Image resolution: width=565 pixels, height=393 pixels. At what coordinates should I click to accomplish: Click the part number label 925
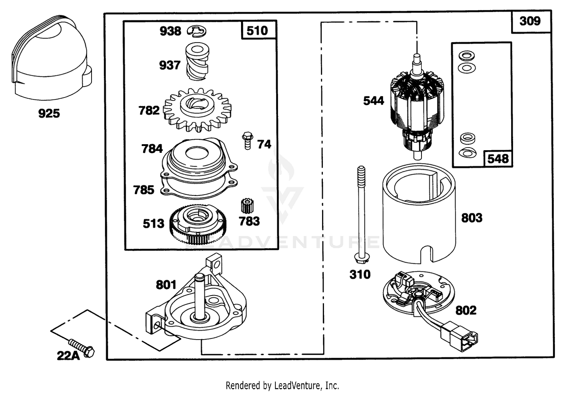[x=49, y=113]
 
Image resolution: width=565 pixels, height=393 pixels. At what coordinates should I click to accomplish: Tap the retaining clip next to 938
[x=197, y=32]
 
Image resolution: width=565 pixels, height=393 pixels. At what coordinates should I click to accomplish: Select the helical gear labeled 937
[x=197, y=62]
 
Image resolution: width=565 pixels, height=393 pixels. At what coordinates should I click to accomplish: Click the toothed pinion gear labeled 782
[x=197, y=110]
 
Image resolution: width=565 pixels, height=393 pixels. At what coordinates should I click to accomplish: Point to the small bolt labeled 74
[x=247, y=140]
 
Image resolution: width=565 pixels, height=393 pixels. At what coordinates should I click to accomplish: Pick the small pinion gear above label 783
[x=247, y=206]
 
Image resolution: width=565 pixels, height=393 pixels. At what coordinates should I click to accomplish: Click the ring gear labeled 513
[x=198, y=224]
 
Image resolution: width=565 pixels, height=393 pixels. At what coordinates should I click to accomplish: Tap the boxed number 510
[x=257, y=31]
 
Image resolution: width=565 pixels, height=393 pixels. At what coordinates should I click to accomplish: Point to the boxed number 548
[x=498, y=159]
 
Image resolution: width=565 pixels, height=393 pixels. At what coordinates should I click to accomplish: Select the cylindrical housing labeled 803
[x=419, y=214]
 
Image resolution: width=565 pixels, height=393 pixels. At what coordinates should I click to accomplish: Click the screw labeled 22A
[x=81, y=348]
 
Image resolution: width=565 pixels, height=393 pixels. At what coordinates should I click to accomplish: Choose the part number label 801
[x=166, y=285]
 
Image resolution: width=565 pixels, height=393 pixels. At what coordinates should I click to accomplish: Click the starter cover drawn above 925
[x=52, y=58]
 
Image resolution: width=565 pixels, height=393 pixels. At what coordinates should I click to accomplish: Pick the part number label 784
[x=152, y=149]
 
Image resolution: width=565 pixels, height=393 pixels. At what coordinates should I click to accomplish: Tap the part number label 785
[x=144, y=190]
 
